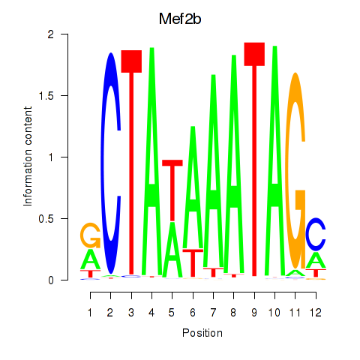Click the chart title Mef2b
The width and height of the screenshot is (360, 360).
(x=180, y=19)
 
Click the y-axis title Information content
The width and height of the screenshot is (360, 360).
(x=28, y=157)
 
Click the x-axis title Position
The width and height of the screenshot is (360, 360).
(x=202, y=333)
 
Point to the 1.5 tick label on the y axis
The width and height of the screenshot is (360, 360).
(x=46, y=95)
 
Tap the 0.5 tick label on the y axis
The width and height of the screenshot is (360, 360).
(x=46, y=219)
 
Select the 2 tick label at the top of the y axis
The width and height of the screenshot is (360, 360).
(x=51, y=34)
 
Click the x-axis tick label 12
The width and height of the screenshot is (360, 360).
(x=316, y=313)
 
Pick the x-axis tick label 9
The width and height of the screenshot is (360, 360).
(x=254, y=313)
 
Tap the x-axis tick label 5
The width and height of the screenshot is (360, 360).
(x=172, y=313)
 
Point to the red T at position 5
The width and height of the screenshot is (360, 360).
(x=172, y=190)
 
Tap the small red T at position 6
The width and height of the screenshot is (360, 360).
(x=193, y=263)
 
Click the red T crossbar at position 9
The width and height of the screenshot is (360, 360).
(x=254, y=54)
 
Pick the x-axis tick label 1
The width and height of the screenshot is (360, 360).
(x=90, y=313)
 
